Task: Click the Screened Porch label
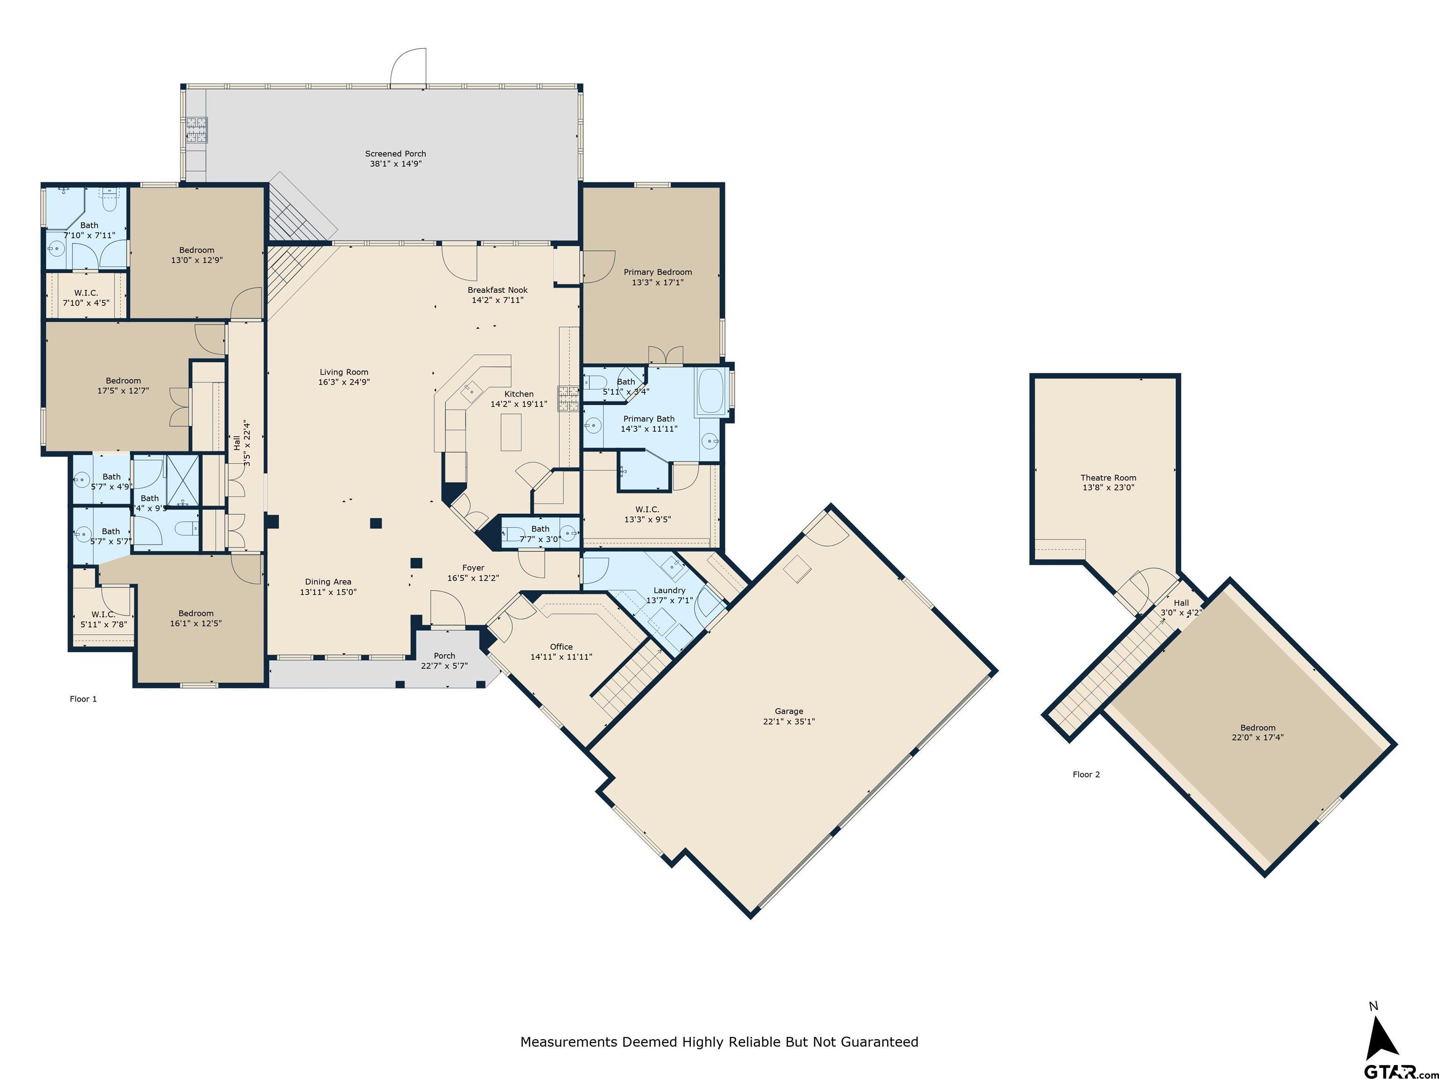pyautogui.click(x=395, y=154)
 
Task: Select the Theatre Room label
pyautogui.click(x=1108, y=477)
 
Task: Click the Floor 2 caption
pyautogui.click(x=1086, y=774)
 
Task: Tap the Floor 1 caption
pyautogui.click(x=83, y=699)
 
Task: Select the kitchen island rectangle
pyautogui.click(x=511, y=432)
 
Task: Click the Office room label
pyautogui.click(x=561, y=646)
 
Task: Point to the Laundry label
pyautogui.click(x=669, y=590)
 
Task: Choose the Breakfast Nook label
pyautogui.click(x=497, y=290)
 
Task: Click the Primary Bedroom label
pyautogui.click(x=657, y=272)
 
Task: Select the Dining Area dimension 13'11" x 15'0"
pyautogui.click(x=328, y=592)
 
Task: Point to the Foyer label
pyautogui.click(x=473, y=568)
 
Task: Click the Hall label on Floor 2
pyautogui.click(x=1181, y=603)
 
